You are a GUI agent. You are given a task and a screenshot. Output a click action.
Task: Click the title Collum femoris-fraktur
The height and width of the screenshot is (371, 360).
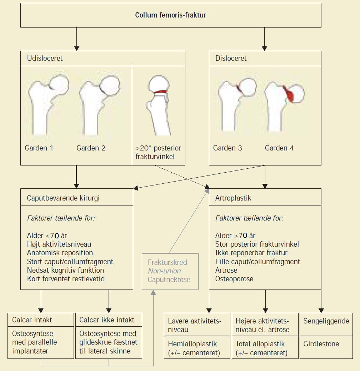(x=170, y=15)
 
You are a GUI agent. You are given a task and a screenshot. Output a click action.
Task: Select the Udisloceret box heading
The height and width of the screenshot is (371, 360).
(x=45, y=58)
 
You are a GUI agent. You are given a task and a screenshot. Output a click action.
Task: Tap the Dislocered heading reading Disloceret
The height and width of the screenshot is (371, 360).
(x=231, y=58)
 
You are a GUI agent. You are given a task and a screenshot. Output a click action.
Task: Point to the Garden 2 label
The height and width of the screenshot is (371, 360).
(x=91, y=148)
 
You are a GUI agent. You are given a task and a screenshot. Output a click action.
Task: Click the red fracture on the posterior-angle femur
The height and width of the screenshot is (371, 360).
(x=161, y=93)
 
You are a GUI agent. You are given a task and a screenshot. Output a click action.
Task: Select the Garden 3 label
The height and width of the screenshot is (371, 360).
(x=227, y=148)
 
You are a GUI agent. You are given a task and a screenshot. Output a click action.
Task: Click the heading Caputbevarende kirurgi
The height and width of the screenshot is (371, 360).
(x=63, y=198)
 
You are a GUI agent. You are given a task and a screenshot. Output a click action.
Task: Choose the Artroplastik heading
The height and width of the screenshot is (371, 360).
(x=233, y=198)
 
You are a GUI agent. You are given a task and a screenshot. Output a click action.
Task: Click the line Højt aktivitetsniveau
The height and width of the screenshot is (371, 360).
(x=59, y=244)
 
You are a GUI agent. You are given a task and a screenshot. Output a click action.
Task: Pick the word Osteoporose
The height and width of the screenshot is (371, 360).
(x=234, y=279)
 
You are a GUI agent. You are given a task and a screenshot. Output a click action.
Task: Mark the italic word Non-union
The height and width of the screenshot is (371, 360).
(x=164, y=271)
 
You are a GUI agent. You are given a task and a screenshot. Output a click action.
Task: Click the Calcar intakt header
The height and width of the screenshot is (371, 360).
(x=32, y=320)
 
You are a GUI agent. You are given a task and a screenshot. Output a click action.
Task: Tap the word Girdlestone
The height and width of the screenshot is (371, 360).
(x=321, y=344)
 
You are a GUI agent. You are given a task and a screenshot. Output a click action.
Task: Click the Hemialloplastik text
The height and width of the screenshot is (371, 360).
(x=192, y=344)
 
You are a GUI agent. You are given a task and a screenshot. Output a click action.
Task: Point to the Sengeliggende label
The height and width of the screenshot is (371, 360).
(x=326, y=321)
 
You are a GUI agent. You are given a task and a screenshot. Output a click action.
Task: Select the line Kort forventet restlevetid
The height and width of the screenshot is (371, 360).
(x=66, y=279)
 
